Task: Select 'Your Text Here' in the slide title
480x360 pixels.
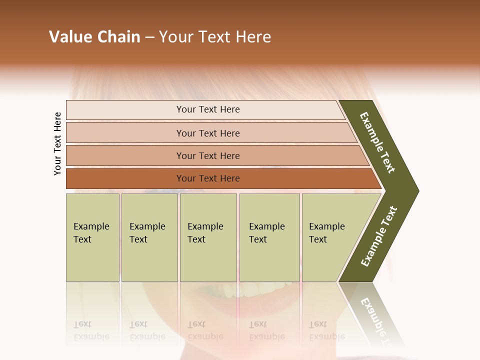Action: tap(215, 37)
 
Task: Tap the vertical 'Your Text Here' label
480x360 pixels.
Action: tap(57, 143)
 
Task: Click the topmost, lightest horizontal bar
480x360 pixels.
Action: tap(207, 109)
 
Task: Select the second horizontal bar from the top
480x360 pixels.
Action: tap(207, 133)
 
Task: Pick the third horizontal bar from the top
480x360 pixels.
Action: tap(207, 155)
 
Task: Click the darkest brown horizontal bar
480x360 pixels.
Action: tap(207, 178)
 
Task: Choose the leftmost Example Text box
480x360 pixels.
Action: tap(92, 237)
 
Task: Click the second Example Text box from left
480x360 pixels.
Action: tap(149, 237)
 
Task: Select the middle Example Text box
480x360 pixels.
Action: tap(208, 237)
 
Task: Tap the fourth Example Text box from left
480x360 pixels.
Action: tap(269, 237)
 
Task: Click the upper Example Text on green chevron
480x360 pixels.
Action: tap(378, 142)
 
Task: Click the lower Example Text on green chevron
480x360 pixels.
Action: tap(379, 236)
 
